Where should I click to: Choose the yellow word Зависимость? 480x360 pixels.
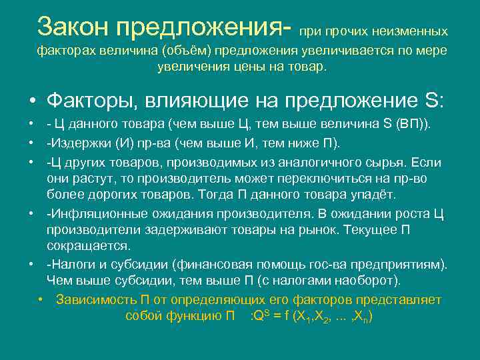[95, 299]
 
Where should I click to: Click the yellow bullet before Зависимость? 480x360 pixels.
[41, 299]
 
